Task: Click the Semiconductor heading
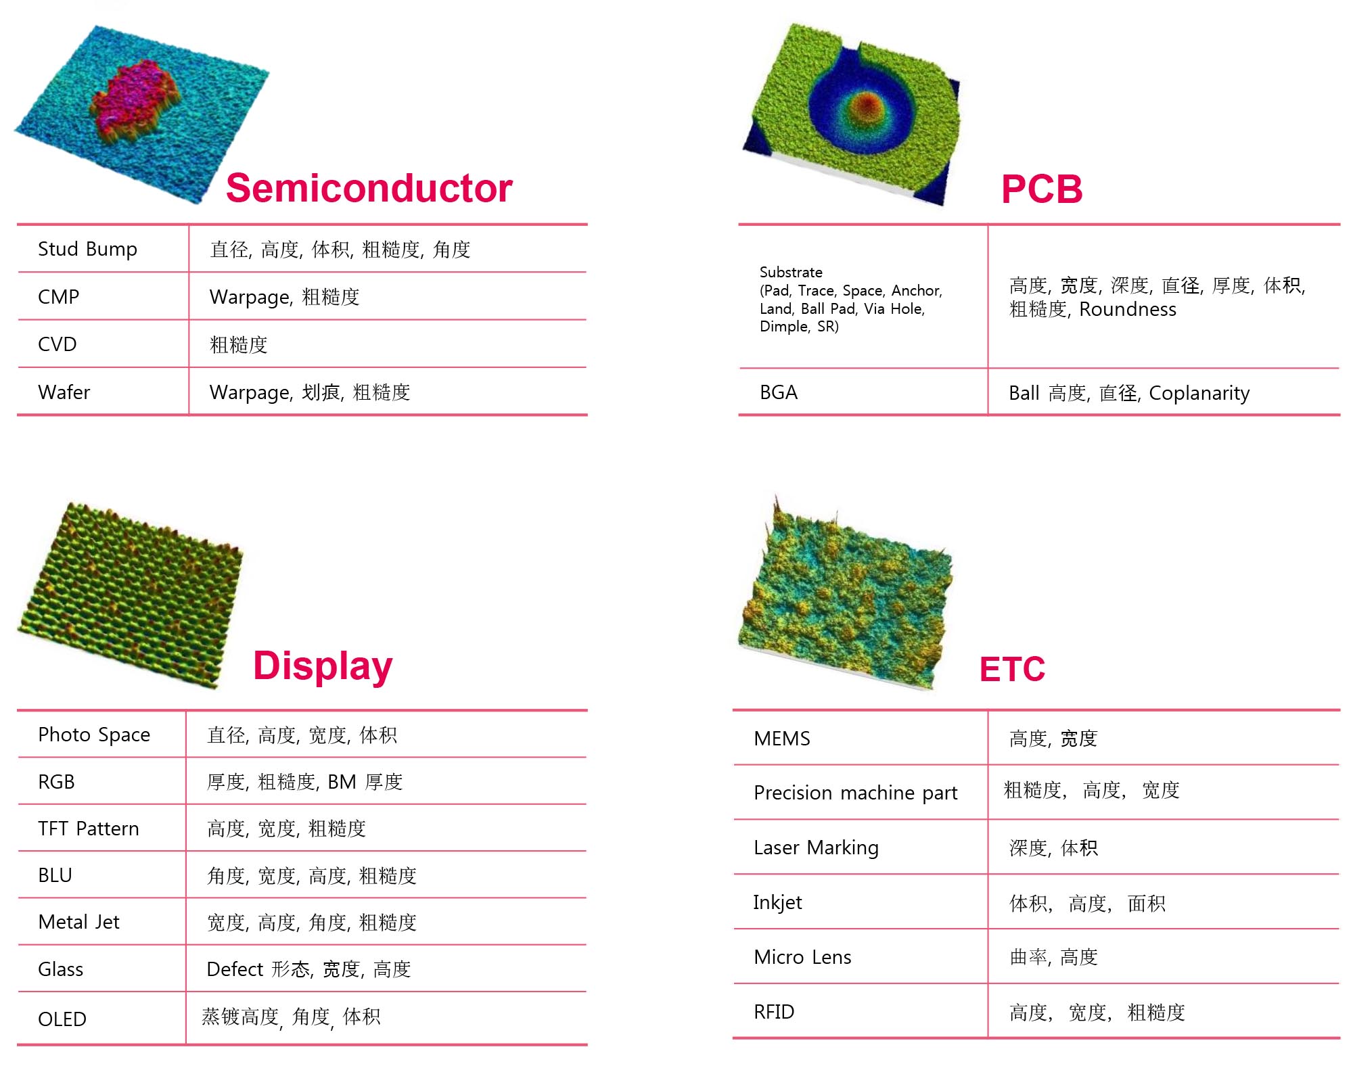[x=369, y=188]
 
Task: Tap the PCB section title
[x=1042, y=189]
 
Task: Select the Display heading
[x=323, y=666]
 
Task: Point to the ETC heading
[x=1012, y=669]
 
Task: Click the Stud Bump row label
[x=87, y=249]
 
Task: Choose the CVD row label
[x=58, y=344]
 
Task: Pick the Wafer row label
[x=64, y=392]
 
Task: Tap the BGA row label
[x=779, y=392]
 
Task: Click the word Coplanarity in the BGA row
[x=1199, y=393]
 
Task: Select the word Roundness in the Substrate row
[x=1128, y=309]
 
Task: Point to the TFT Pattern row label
[x=88, y=829]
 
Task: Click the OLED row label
[x=62, y=1019]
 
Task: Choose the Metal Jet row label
[x=78, y=922]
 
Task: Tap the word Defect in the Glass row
[x=235, y=969]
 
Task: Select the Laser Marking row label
[x=816, y=848]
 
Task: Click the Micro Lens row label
[x=802, y=957]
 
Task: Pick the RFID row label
[x=774, y=1012]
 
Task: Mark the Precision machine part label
[x=856, y=793]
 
